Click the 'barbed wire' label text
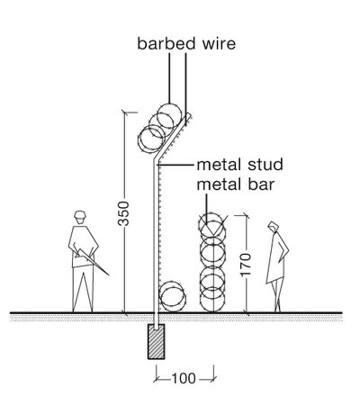pos(186,42)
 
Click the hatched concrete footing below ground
pos(158,340)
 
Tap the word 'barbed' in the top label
pos(162,42)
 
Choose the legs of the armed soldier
pos(83,288)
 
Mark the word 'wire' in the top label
pos(216,42)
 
